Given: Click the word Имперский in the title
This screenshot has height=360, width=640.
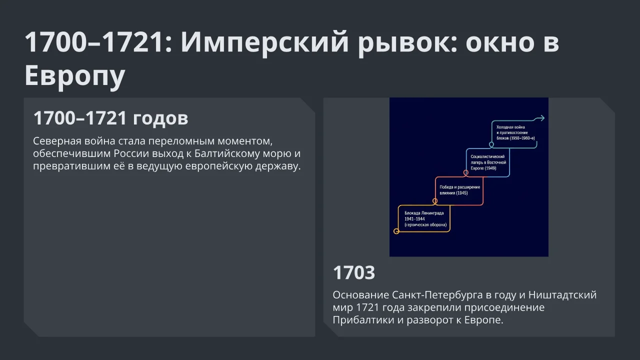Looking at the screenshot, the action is [x=264, y=42].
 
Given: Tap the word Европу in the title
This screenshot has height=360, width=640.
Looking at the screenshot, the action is [x=75, y=75].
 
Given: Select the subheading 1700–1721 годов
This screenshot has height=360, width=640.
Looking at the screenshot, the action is [x=111, y=117].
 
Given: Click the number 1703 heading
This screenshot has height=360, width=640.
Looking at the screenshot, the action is [x=353, y=272].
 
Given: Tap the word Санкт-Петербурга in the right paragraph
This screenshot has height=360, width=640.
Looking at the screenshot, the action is [x=437, y=295].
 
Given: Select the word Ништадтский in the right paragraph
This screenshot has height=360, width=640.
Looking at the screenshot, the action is [x=562, y=295].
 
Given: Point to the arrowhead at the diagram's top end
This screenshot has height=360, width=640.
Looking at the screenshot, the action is [x=541, y=118].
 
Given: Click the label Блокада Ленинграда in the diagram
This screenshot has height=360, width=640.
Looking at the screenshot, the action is [x=424, y=213].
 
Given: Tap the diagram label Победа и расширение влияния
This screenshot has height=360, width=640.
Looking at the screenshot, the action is [x=459, y=190].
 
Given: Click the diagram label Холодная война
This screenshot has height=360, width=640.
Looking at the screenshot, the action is [x=510, y=127].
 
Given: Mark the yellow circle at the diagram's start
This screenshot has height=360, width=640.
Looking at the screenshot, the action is [x=396, y=231].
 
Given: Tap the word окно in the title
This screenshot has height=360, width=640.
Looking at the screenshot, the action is [x=499, y=43].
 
